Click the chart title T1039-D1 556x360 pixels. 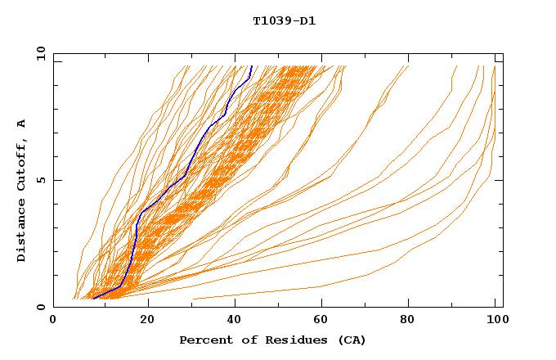pyautogui.click(x=284, y=21)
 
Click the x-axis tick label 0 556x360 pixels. pyautogui.click(x=53, y=322)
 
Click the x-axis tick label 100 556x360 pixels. pyautogui.click(x=495, y=322)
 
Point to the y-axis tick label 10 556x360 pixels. pyautogui.click(x=38, y=53)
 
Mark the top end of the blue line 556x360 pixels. pyautogui.click(x=252, y=66)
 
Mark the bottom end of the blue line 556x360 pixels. pyautogui.click(x=93, y=299)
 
